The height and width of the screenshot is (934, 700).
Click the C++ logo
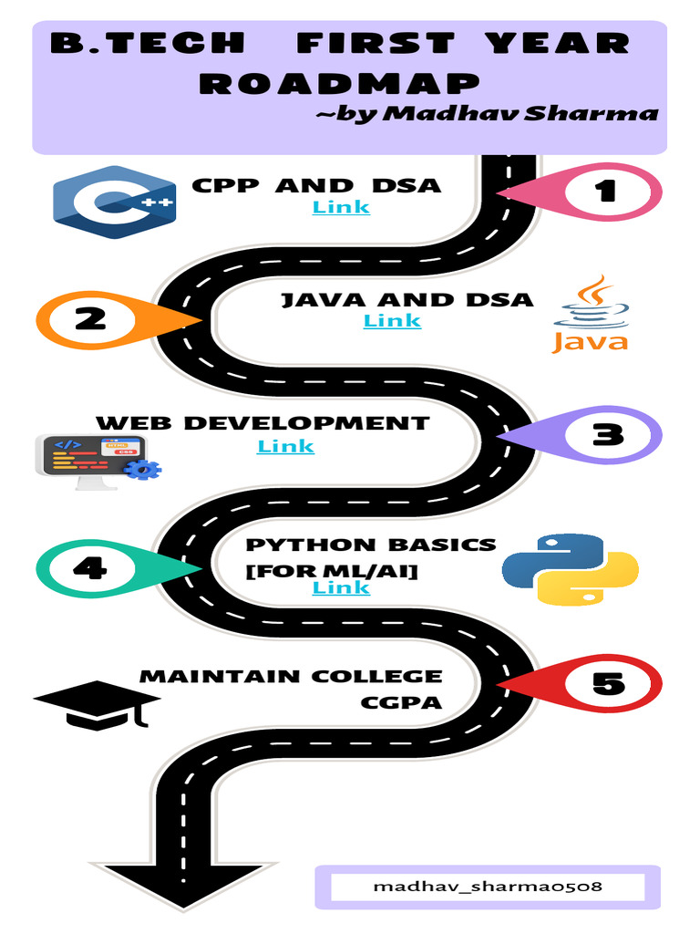coord(114,202)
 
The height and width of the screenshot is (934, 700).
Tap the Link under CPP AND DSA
coord(341,207)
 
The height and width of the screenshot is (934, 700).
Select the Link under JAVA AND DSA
coord(392,320)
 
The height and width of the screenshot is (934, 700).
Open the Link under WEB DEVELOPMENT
coord(285,446)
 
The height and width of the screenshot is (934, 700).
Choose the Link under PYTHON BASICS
coord(341,587)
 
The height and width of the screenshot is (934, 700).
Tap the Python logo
coord(570,569)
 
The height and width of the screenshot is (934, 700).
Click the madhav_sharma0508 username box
coord(488,887)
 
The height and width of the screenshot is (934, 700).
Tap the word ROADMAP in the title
coord(339,84)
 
